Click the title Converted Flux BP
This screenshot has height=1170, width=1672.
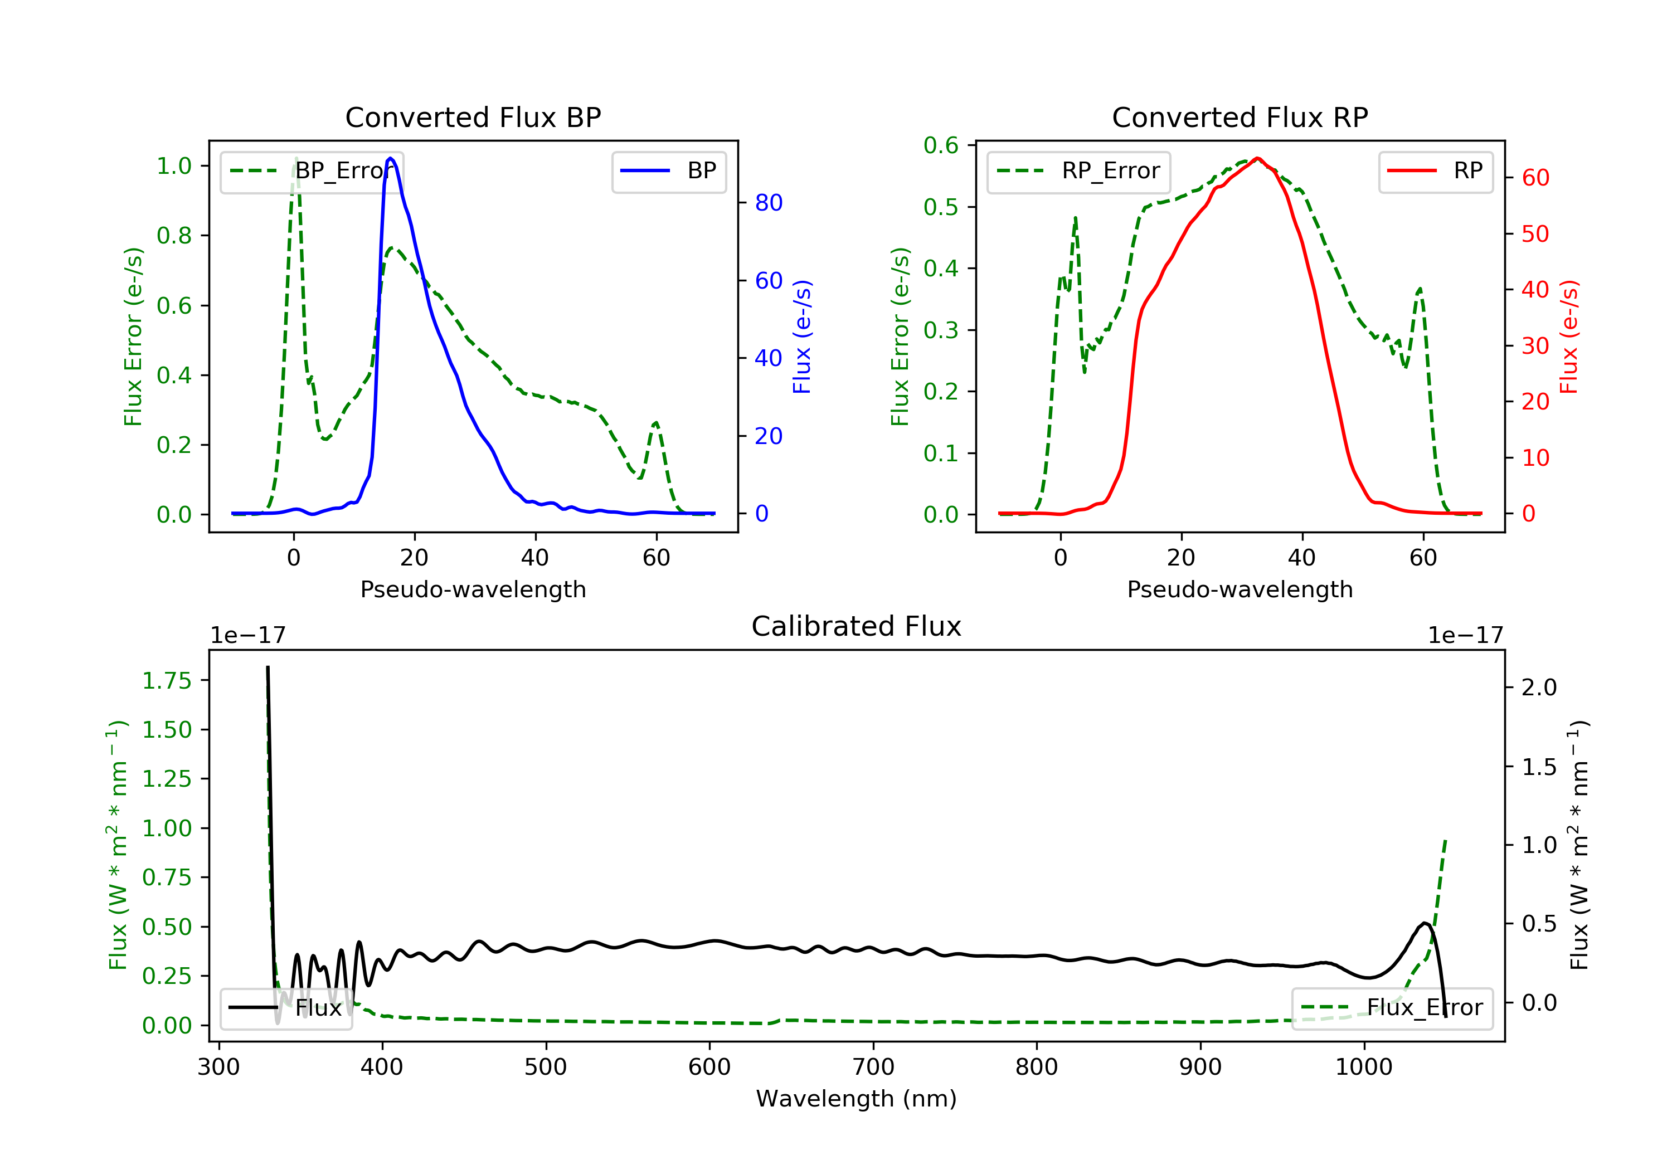pos(473,117)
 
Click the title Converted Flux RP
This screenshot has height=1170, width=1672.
pos(1240,117)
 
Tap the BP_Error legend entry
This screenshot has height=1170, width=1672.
pos(312,171)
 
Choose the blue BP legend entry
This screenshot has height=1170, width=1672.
pos(668,171)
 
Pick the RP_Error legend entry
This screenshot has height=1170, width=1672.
pos(1078,171)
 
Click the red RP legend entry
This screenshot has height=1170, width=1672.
pos(1435,171)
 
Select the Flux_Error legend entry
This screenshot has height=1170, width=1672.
pos(1392,1008)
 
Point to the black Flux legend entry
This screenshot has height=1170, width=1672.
pos(286,1008)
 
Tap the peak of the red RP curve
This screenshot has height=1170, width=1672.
pos(1258,158)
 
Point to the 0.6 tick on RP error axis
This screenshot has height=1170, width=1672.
pos(941,145)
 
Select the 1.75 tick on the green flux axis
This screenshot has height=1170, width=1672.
pos(166,681)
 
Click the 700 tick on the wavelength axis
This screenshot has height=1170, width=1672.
pos(873,1067)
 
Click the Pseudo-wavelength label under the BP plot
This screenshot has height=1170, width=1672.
pos(473,589)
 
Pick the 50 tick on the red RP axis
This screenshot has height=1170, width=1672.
pos(1535,233)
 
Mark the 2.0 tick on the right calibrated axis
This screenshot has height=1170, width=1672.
pos(1539,688)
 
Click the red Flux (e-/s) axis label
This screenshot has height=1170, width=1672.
pos(1568,337)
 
